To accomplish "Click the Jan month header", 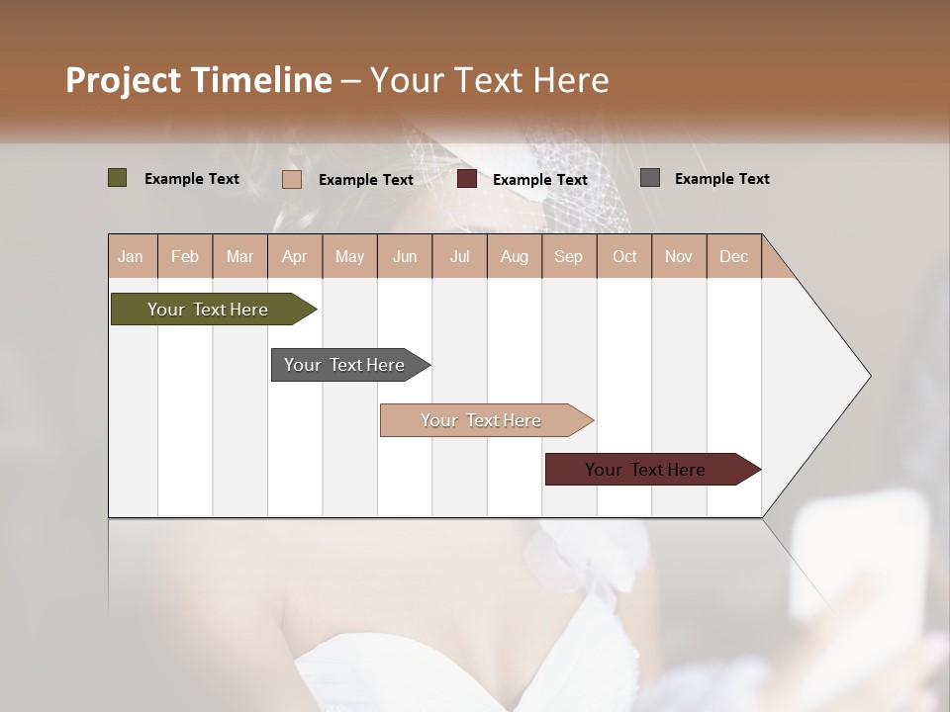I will [x=132, y=256].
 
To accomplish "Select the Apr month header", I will [x=295, y=256].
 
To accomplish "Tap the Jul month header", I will [x=459, y=256].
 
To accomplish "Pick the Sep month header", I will [x=569, y=256].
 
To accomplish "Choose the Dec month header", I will [x=733, y=256].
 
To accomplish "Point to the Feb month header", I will [x=185, y=256].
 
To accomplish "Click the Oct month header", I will [x=624, y=256].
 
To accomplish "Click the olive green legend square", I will [x=118, y=178].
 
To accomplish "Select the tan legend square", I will [x=292, y=179].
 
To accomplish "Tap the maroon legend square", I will [x=467, y=179].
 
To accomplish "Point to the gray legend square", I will [x=650, y=178].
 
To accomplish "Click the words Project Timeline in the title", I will [x=199, y=80].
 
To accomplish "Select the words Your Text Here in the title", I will [x=490, y=80].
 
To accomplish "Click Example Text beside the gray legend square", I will [x=721, y=179].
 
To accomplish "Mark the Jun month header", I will [x=405, y=256].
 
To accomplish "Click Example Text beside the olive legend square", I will [x=192, y=179].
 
